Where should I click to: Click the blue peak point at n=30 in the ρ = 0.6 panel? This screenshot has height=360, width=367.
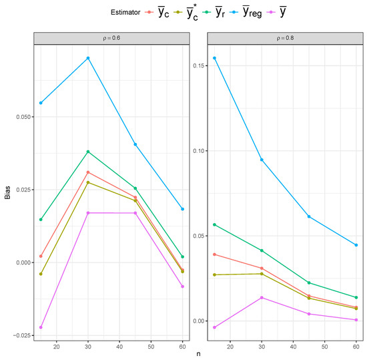[x=87, y=58]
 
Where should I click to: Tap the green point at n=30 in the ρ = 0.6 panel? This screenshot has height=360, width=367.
[x=87, y=152]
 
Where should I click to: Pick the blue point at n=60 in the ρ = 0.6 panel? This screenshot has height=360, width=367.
[x=182, y=209]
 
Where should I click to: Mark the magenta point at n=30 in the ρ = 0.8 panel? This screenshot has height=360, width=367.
[x=262, y=297]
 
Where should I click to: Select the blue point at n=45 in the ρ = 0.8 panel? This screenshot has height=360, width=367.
[x=309, y=216]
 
